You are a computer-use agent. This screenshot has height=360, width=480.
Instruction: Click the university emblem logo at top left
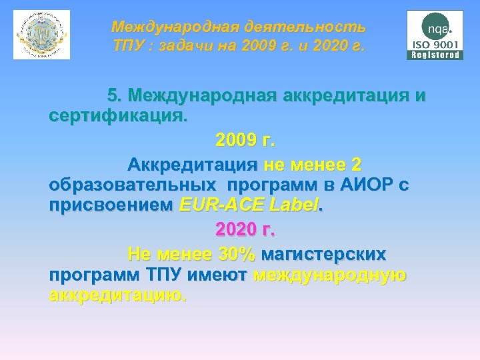[41, 35]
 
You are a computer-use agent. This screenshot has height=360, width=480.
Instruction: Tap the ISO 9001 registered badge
[435, 35]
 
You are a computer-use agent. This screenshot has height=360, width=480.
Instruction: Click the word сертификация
[118, 117]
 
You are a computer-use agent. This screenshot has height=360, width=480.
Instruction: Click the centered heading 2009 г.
[245, 141]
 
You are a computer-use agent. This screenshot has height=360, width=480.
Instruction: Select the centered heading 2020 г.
[245, 231]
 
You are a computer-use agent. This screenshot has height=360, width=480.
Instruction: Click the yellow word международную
[330, 275]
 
